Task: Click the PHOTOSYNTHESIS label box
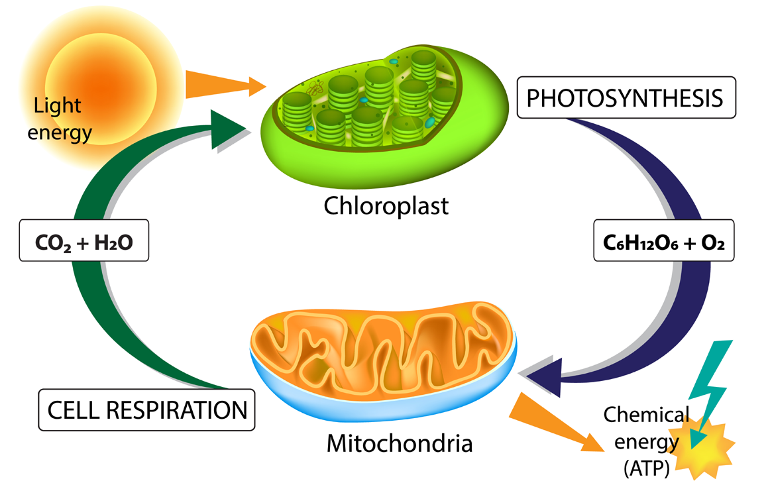point(626,99)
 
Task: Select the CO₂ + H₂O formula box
point(84,243)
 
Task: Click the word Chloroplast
point(386,206)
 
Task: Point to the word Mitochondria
point(400,442)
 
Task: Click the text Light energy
point(63,119)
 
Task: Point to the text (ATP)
point(646,469)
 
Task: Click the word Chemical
point(646,415)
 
